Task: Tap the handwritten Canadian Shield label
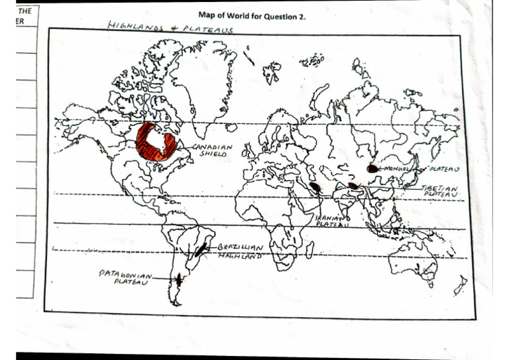(213, 149)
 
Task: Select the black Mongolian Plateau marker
(372, 168)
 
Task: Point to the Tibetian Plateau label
(439, 191)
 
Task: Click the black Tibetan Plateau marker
(354, 186)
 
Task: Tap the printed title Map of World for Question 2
(252, 16)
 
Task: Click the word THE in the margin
(25, 12)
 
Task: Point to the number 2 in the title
(303, 16)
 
